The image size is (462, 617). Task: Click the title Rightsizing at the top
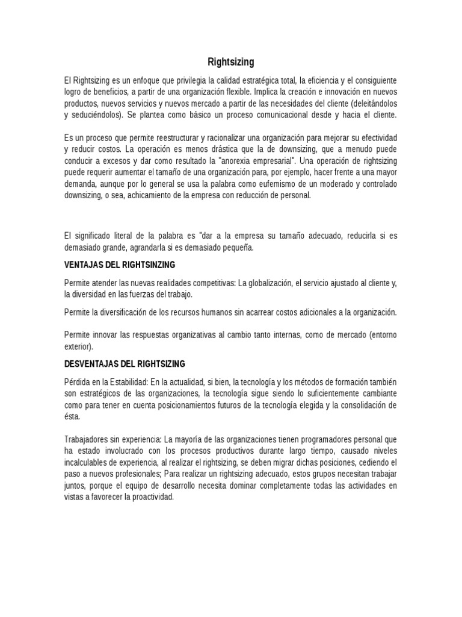231,61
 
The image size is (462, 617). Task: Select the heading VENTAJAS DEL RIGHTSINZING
120,265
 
